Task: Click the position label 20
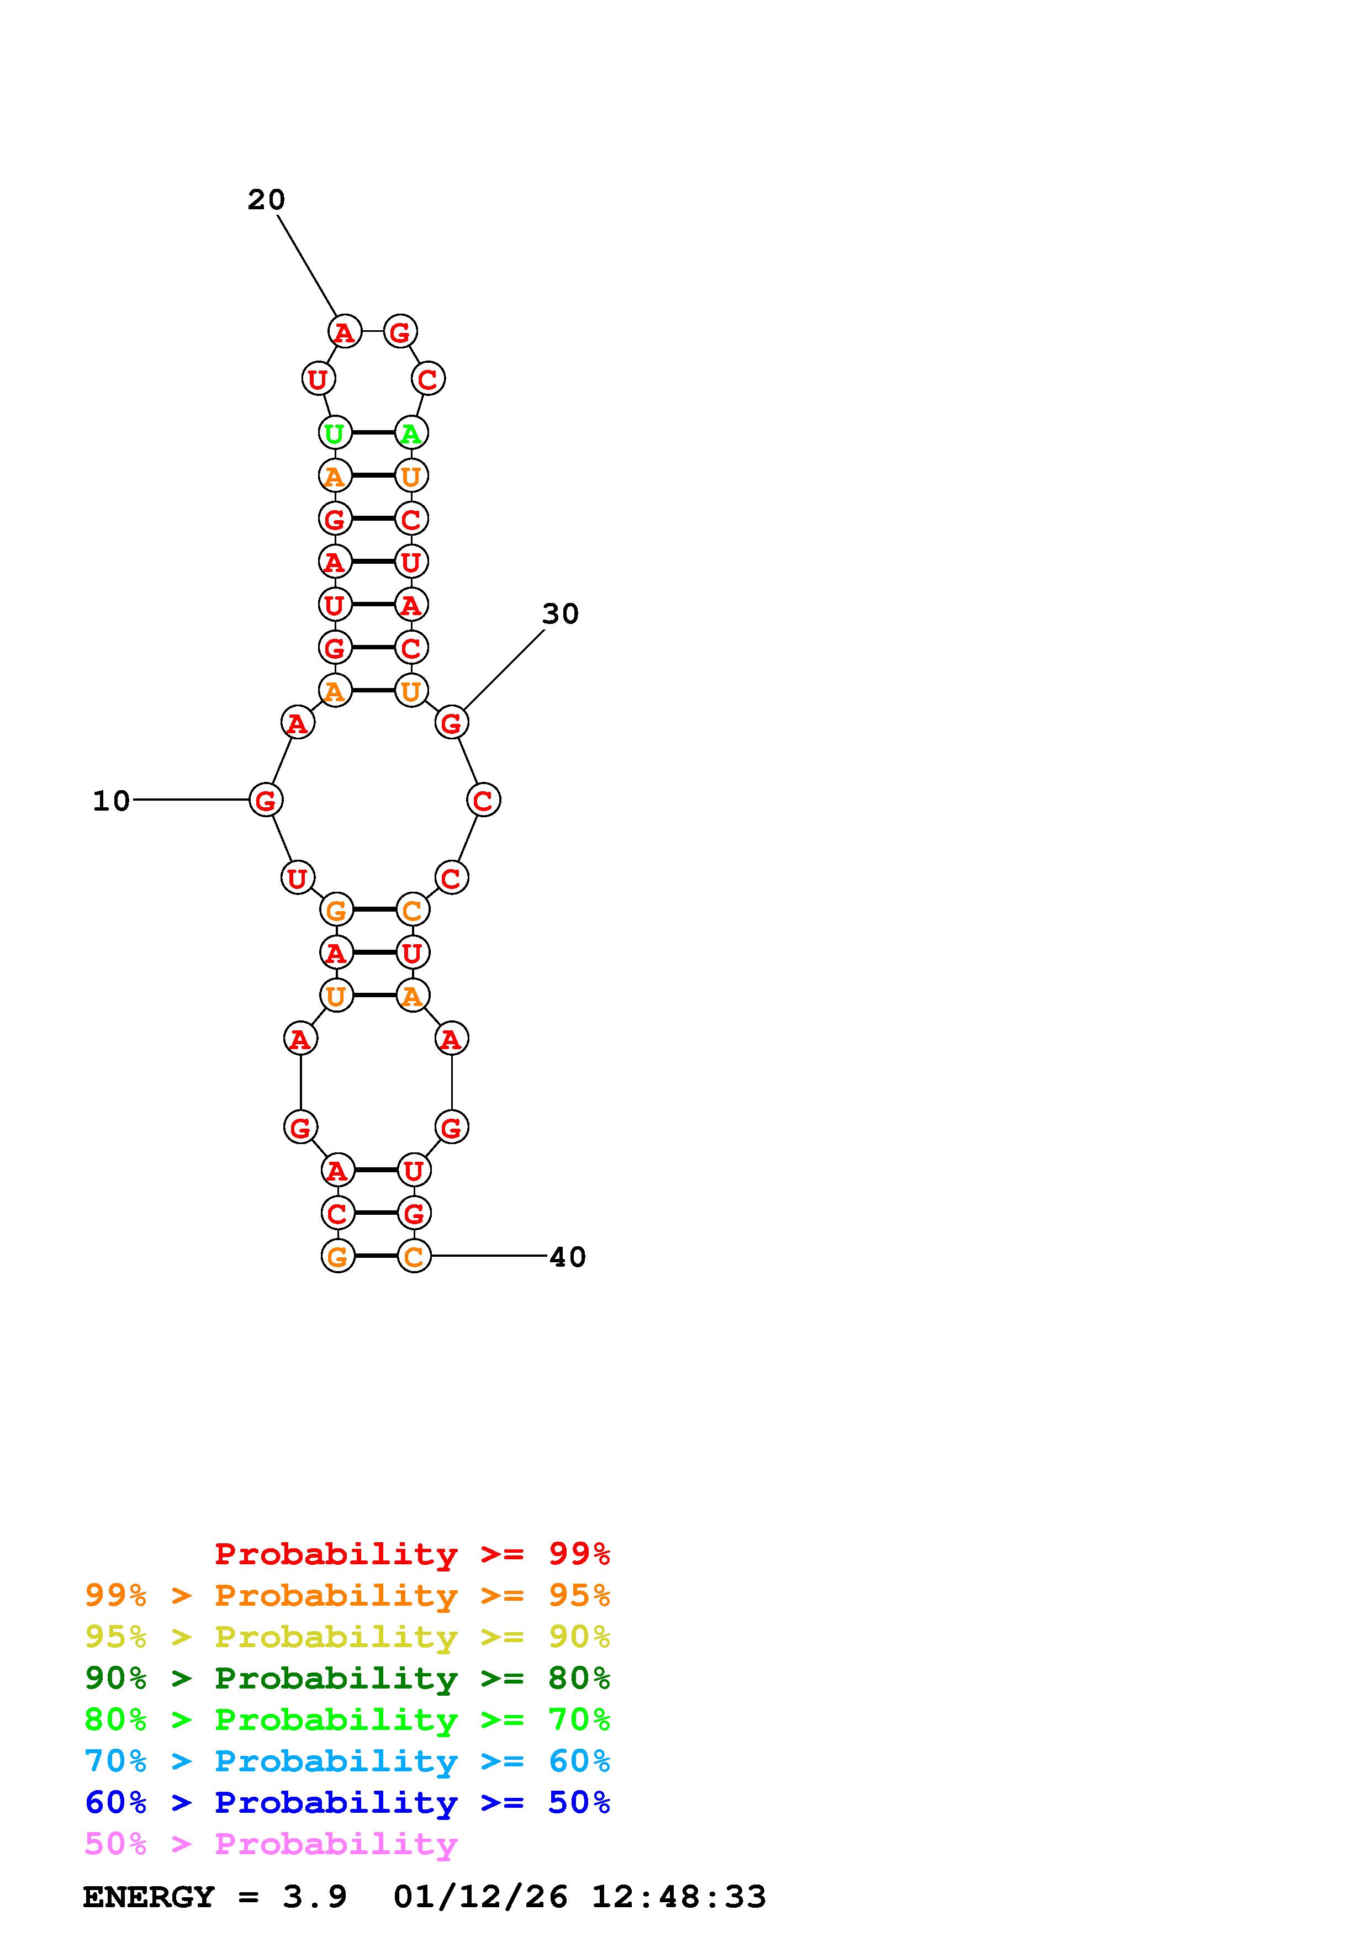(x=267, y=200)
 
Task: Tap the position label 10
(x=112, y=801)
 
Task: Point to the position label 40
(x=568, y=1257)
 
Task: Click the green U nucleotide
(x=335, y=433)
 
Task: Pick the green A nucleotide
(x=411, y=433)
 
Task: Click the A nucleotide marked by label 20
(x=344, y=331)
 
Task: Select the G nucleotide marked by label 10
(x=266, y=800)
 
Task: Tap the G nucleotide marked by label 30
(x=451, y=722)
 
